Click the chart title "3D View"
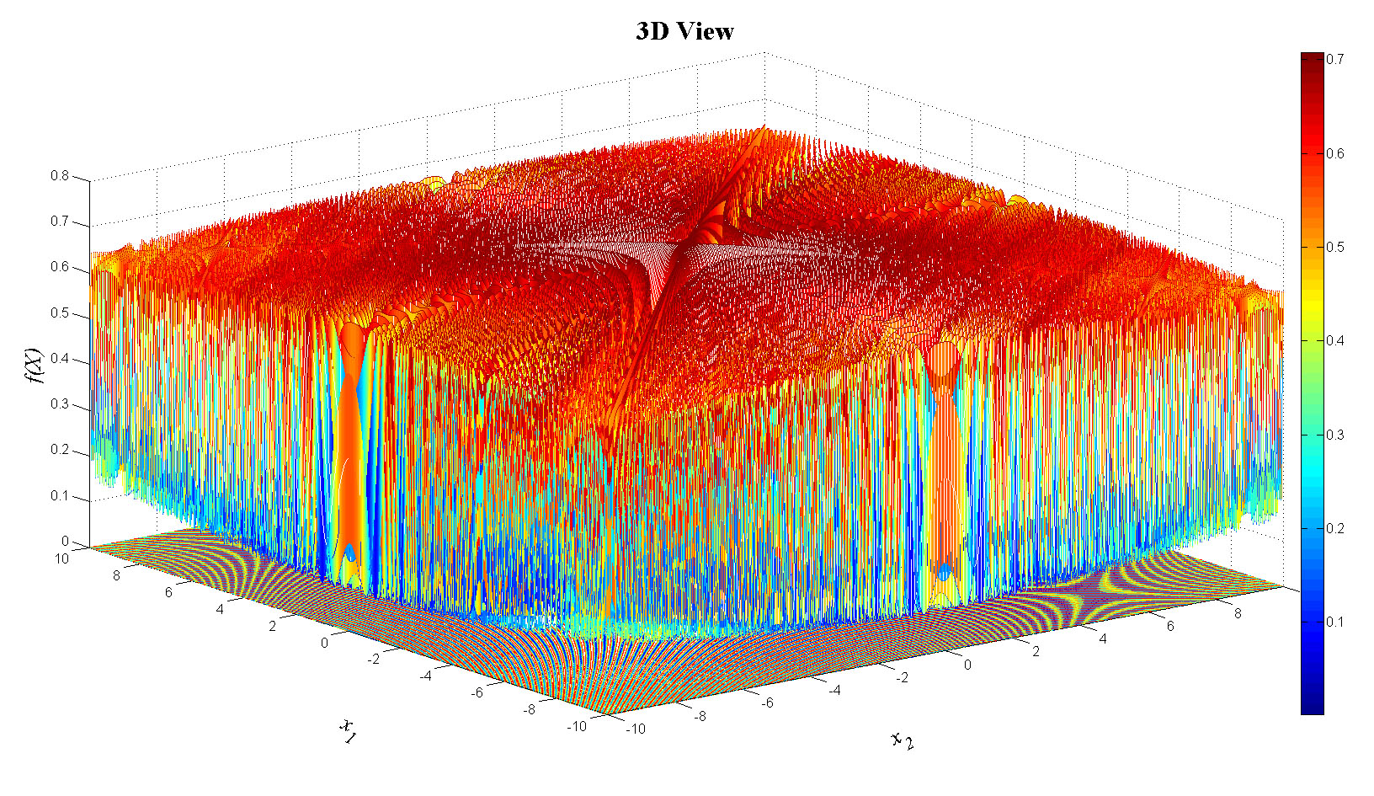684,32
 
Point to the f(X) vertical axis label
35,366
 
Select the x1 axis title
347,730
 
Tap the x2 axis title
902,740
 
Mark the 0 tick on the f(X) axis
65,542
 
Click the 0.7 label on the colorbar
1335,59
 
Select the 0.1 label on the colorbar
1335,622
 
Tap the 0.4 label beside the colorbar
1335,340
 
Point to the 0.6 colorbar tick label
1335,153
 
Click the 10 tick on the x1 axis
61,558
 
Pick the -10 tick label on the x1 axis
576,726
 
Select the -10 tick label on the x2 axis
636,729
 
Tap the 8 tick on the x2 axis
1238,613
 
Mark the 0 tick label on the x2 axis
967,665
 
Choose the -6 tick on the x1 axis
477,692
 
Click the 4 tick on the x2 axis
1103,638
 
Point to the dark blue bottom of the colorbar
1312,703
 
